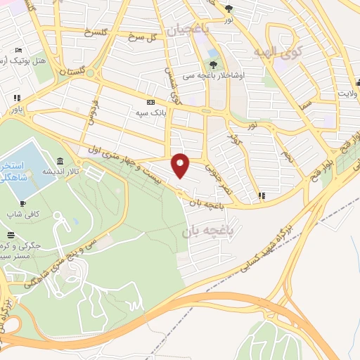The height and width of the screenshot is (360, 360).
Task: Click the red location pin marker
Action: [x=181, y=165]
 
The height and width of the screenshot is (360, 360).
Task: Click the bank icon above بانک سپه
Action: [x=149, y=101]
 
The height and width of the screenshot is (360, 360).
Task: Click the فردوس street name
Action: [x=91, y=111]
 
